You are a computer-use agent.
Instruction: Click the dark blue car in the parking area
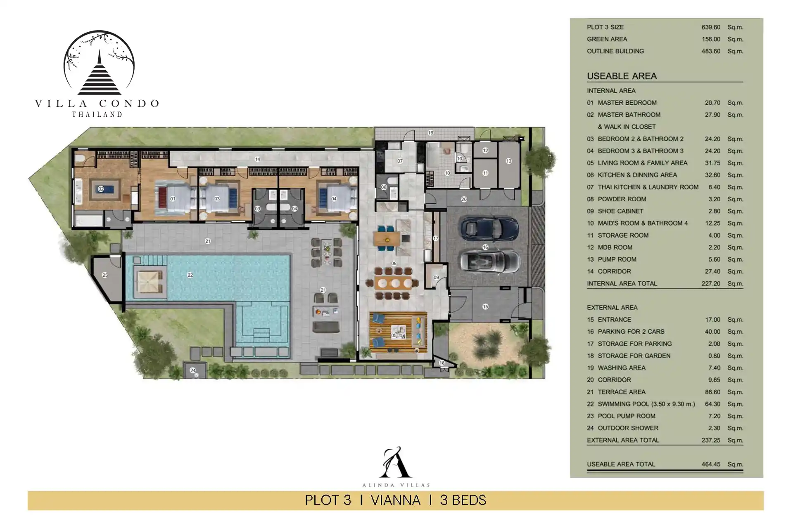[490, 229]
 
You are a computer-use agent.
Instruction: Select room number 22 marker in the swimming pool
[190, 275]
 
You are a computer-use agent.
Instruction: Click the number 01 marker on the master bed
[173, 199]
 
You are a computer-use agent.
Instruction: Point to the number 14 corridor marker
[257, 159]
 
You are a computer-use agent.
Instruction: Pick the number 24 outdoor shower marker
[192, 370]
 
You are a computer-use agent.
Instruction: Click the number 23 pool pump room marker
[105, 275]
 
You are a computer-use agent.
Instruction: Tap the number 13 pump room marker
[508, 161]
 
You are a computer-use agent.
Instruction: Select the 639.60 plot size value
[710, 27]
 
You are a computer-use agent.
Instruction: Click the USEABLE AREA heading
[622, 76]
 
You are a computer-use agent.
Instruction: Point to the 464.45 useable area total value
[710, 464]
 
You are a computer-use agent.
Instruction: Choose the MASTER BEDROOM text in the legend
[627, 103]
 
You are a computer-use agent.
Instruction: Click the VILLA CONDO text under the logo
[97, 104]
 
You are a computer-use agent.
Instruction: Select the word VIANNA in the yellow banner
[395, 500]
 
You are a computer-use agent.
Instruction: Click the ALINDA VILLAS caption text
[396, 485]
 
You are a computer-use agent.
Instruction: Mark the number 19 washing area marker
[430, 133]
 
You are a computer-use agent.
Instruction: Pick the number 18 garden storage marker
[442, 363]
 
